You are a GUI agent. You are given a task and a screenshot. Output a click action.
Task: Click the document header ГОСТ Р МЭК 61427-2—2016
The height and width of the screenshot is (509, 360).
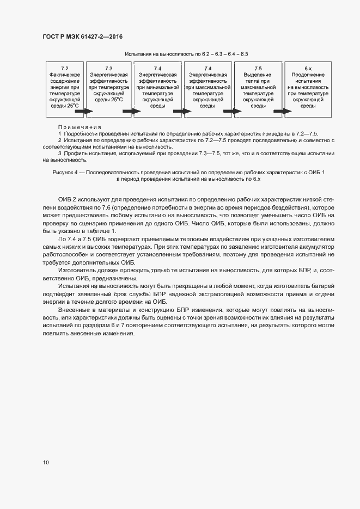click(82, 36)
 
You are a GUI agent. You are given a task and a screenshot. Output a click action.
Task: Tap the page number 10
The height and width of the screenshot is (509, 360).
click(46, 462)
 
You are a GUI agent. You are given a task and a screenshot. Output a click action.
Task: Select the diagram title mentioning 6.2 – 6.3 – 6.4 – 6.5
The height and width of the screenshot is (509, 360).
click(186, 54)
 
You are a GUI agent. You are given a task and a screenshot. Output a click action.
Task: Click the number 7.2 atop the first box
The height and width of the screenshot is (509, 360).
click(65, 68)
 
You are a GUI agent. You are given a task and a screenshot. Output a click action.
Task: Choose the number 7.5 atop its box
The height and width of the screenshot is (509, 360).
click(258, 68)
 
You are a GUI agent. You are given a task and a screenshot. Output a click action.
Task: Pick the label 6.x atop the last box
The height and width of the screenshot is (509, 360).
click(308, 68)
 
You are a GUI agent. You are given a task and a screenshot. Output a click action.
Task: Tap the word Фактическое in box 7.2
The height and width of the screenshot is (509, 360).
click(65, 74)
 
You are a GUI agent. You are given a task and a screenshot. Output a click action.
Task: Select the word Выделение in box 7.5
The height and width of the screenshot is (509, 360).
click(258, 74)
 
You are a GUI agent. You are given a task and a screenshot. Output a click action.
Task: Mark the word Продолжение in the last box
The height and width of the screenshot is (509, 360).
click(308, 74)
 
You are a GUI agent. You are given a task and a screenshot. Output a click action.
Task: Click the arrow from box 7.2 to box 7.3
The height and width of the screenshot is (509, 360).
click(83, 112)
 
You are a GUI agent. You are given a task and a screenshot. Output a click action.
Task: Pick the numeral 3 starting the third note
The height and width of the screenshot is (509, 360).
click(60, 154)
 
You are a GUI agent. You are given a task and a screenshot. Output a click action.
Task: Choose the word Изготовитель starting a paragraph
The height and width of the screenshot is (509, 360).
click(76, 270)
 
